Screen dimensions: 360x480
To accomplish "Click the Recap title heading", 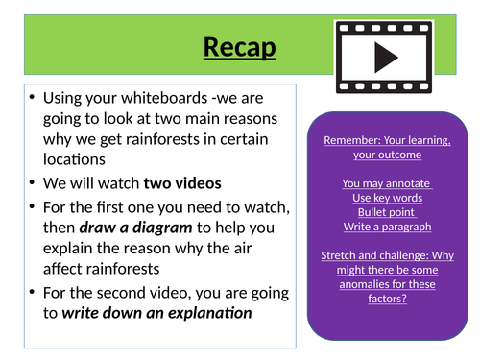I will click(x=240, y=45).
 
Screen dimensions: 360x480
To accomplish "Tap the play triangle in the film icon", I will click(x=386, y=58).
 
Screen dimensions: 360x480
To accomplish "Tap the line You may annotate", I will click(x=388, y=182).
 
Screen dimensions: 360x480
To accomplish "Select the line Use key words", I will click(x=388, y=197).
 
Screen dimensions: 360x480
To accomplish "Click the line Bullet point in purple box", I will click(x=388, y=211).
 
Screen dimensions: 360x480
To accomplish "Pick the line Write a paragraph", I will click(x=388, y=227).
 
